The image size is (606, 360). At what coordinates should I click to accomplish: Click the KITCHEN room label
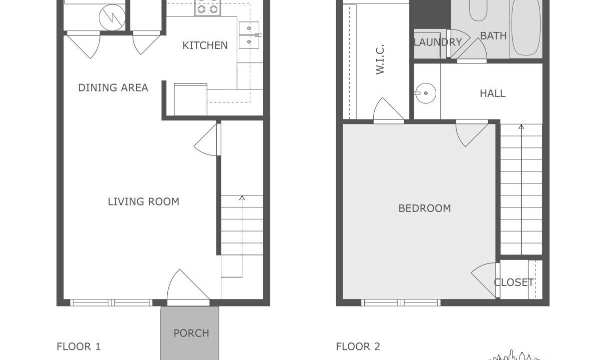pos(205,45)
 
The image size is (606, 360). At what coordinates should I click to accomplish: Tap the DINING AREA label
pos(113,87)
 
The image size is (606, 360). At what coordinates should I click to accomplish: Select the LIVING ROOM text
pos(143,201)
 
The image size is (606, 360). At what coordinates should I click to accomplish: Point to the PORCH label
pos(191,333)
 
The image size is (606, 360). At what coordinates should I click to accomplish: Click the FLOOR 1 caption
pos(78,346)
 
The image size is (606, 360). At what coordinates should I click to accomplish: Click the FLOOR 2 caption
pos(358,346)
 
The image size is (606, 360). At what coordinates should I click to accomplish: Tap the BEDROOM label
pos(425,208)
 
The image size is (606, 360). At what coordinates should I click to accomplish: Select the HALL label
pos(493,93)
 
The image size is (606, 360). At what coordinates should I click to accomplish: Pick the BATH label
pos(494,35)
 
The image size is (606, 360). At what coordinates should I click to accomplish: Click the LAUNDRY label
pos(438,42)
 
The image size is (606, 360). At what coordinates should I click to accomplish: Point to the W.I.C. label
pos(380,59)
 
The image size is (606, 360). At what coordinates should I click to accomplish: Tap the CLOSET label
pos(514,282)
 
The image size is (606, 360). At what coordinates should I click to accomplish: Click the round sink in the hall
pos(426,93)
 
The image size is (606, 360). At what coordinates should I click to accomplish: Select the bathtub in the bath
pos(526,27)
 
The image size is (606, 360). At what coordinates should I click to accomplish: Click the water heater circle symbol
pos(112,17)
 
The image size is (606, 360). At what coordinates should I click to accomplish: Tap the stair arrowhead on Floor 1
pos(242,198)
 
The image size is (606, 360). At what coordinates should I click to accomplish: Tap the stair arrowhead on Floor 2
pos(522,126)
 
